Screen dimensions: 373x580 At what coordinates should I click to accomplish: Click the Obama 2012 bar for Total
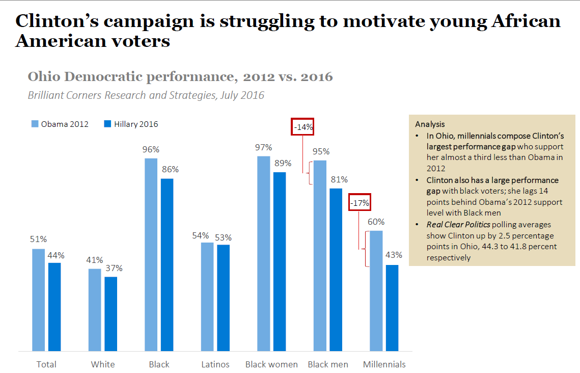pos(39,300)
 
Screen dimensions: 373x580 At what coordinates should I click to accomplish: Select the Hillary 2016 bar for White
pos(111,314)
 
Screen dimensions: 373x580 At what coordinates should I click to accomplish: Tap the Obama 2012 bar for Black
pos(151,254)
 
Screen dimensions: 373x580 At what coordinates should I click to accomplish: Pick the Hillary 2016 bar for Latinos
pos(224,298)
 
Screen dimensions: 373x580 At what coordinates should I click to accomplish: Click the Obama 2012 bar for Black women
pos(264,253)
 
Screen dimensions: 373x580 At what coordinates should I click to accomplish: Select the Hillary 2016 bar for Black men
pos(336,270)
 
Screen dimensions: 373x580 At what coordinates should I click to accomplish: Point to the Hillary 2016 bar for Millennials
pos(392,308)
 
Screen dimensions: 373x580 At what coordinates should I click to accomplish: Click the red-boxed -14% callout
pos(302,127)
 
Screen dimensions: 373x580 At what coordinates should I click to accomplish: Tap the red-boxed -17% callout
pos(360,202)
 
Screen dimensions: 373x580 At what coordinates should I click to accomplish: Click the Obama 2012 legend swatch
pos(35,124)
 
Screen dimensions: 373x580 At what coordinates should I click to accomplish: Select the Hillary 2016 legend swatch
pos(107,124)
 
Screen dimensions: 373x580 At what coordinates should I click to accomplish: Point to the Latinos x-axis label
pos(215,364)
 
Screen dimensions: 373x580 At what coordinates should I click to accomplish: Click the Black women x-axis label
pos(271,364)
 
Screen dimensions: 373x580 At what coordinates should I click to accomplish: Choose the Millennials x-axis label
pos(384,364)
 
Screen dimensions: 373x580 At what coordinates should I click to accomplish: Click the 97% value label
pos(264,147)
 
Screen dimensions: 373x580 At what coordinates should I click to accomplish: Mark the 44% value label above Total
pos(56,255)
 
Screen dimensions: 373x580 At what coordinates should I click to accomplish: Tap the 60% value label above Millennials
pos(376,222)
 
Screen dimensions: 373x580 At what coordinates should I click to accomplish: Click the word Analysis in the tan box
pos(430,124)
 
